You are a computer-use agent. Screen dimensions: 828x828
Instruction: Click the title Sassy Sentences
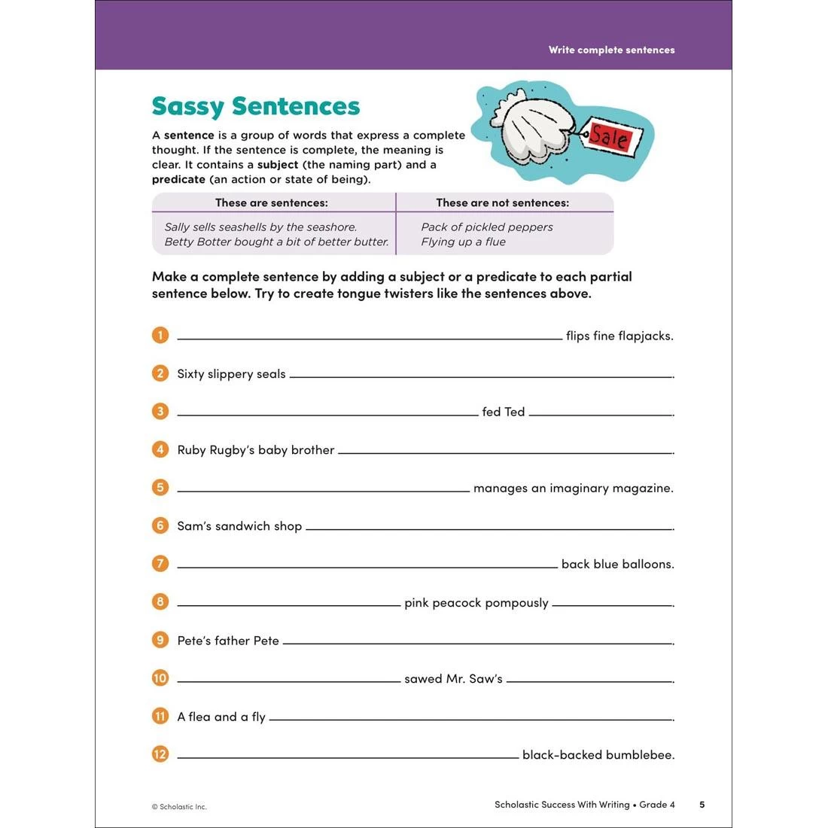[x=256, y=106]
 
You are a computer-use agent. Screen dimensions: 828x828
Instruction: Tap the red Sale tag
[x=610, y=137]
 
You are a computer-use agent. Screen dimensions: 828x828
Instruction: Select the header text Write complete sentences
[x=611, y=50]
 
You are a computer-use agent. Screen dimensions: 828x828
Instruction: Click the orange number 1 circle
[x=160, y=335]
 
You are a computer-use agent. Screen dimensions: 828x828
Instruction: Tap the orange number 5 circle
[x=160, y=487]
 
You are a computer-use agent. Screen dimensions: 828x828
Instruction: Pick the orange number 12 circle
[x=160, y=753]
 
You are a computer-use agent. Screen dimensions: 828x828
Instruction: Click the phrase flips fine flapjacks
[x=619, y=336]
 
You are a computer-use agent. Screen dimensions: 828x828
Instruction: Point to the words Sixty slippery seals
[x=231, y=374]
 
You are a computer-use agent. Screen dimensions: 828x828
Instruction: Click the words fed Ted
[x=503, y=412]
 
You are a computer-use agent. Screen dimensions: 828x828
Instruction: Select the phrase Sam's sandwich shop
[x=239, y=526]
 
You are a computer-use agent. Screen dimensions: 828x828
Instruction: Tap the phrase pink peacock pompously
[x=476, y=603]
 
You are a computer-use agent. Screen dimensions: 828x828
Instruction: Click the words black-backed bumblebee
[x=598, y=754]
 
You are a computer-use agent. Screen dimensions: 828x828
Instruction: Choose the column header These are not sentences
[x=502, y=202]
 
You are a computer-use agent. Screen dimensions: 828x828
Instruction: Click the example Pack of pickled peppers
[x=486, y=227]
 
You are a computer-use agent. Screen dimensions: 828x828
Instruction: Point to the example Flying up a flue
[x=463, y=242]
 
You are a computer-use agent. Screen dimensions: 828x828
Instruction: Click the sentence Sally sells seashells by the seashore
[x=260, y=227]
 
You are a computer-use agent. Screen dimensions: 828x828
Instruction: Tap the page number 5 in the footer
[x=702, y=805]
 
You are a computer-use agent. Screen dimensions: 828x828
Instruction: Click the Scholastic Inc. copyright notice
[x=179, y=807]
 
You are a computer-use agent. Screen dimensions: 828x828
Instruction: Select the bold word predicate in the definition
[x=178, y=179]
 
